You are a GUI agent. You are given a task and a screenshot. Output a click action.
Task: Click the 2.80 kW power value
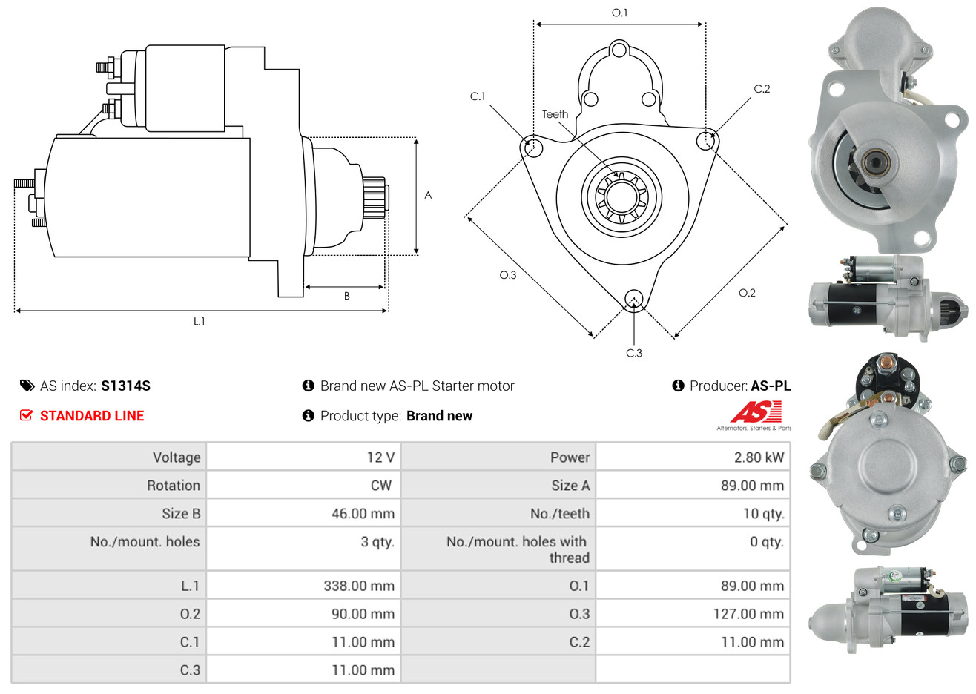point(759,457)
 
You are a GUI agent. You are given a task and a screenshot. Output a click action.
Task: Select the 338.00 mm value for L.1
point(359,586)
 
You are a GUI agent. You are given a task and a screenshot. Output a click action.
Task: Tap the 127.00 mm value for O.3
point(748,614)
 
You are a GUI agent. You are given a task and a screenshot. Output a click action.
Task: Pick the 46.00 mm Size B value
point(363,513)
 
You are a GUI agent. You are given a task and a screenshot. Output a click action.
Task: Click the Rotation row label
point(174,486)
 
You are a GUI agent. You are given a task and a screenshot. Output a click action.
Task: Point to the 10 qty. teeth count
point(764,514)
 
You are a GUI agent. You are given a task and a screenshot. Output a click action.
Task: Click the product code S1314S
point(125,386)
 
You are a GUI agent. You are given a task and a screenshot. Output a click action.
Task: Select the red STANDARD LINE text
point(92,416)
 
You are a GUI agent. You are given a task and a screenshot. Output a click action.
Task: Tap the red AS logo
point(756,412)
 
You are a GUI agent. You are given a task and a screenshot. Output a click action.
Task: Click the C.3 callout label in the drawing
point(634,353)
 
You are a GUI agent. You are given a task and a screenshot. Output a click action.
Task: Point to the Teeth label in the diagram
point(555,114)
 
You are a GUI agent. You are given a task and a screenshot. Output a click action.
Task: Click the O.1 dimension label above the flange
point(619,13)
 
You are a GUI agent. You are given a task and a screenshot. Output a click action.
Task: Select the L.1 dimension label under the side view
point(199,322)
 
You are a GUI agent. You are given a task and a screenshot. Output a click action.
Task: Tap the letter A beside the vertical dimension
point(428,195)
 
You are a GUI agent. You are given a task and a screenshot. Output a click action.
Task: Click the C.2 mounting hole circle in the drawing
point(706,141)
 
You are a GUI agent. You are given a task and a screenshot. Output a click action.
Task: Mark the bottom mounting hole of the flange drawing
point(634,299)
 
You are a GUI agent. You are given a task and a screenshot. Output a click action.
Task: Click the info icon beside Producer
point(678,386)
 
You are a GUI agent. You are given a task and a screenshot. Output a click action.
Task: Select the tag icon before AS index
point(27,386)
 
